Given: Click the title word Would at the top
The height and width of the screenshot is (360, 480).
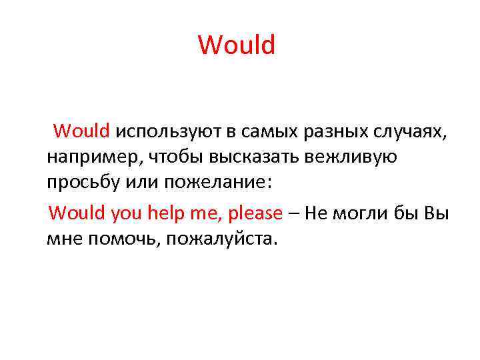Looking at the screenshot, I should click(237, 45).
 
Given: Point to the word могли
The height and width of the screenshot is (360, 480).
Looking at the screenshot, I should click(361, 213).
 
